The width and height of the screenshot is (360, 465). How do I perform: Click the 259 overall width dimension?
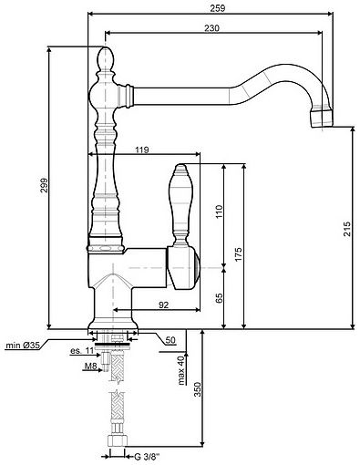pyautogui.click(x=218, y=8)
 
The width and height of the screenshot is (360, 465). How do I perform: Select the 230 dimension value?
pyautogui.click(x=211, y=28)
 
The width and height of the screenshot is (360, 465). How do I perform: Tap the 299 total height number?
pyautogui.click(x=45, y=185)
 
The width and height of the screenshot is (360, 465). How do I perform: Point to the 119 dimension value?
pyautogui.click(x=141, y=150)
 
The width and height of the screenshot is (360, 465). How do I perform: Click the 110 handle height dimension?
pyautogui.click(x=220, y=212)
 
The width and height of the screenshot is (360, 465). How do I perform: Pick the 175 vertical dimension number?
pyautogui.click(x=239, y=253)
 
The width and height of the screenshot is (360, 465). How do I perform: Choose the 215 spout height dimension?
pyautogui.click(x=346, y=229)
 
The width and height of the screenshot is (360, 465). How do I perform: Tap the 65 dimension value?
pyautogui.click(x=220, y=298)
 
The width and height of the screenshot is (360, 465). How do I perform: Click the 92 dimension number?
pyautogui.click(x=163, y=305)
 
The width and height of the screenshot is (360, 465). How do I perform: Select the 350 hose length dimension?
pyautogui.click(x=198, y=389)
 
